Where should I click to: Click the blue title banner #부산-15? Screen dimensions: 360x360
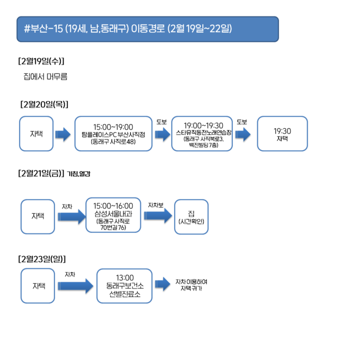click(x=148, y=29)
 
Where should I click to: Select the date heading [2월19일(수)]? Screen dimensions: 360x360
click(x=41, y=61)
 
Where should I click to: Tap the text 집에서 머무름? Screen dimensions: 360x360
click(x=45, y=76)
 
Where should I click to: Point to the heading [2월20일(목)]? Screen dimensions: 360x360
click(x=44, y=104)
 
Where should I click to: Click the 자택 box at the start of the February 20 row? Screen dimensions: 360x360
click(x=37, y=133)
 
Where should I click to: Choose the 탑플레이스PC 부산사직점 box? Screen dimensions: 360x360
click(x=113, y=133)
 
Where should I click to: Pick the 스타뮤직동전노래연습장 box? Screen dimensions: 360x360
click(x=202, y=133)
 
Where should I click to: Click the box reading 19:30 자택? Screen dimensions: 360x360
click(x=282, y=133)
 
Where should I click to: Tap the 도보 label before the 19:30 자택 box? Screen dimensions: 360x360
click(x=242, y=122)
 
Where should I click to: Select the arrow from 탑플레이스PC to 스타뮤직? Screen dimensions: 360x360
click(x=163, y=134)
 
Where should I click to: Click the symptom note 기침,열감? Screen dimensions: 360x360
click(x=78, y=174)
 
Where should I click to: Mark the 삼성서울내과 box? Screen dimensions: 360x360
click(x=113, y=215)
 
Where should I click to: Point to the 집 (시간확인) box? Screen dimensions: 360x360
click(x=191, y=217)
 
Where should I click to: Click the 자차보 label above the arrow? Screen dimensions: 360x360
click(x=156, y=205)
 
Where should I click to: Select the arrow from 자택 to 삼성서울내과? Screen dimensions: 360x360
click(x=71, y=217)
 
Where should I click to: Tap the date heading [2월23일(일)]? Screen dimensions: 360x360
click(x=42, y=259)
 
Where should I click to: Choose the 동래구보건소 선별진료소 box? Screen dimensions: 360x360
click(x=124, y=286)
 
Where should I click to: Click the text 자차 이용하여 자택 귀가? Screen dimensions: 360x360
click(x=192, y=285)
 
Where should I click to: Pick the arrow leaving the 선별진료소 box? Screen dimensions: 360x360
click(x=163, y=284)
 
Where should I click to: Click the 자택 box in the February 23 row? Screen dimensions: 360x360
click(x=38, y=286)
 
